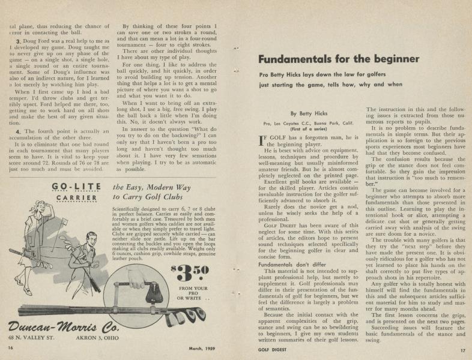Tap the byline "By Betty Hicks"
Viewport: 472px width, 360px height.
(310, 113)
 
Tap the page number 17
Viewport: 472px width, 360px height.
(462, 350)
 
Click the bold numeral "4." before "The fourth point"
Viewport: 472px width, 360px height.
(19, 131)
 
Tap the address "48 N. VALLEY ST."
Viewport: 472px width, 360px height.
(35, 338)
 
